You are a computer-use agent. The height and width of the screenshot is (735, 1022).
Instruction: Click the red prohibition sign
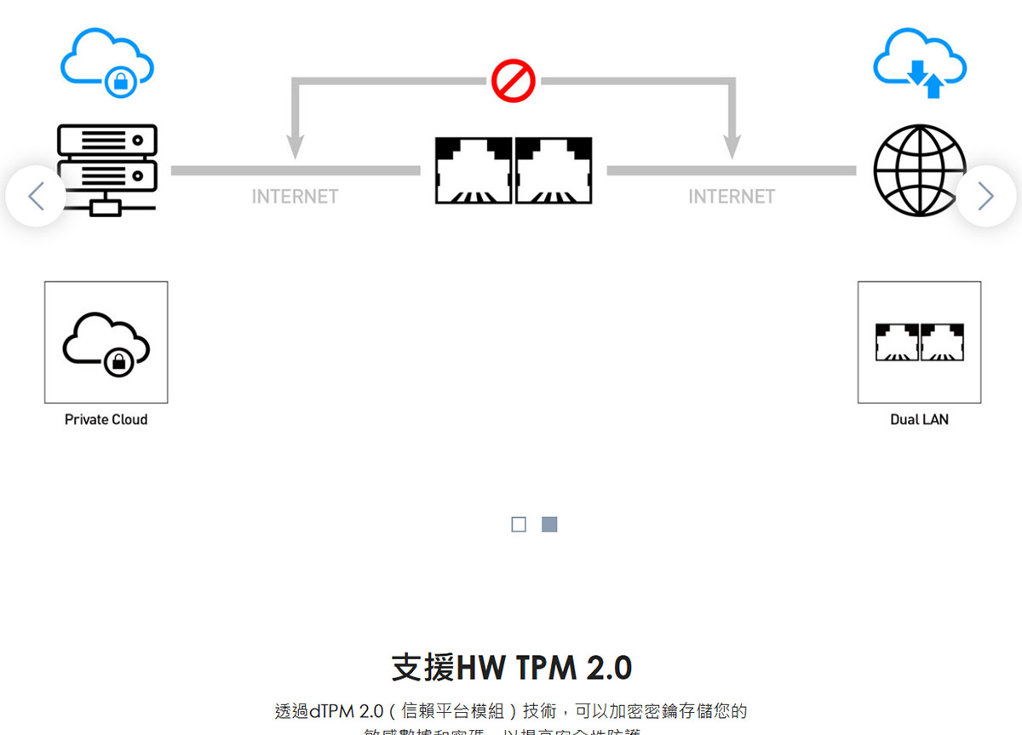pyautogui.click(x=513, y=82)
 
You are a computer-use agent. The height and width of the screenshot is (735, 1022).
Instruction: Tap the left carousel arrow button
pyautogui.click(x=36, y=197)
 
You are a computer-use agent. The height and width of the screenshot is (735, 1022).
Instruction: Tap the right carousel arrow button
pyautogui.click(x=985, y=197)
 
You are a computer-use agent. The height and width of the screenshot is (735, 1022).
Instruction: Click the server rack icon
pyautogui.click(x=106, y=169)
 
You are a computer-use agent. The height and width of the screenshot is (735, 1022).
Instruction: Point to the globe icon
pyautogui.click(x=920, y=169)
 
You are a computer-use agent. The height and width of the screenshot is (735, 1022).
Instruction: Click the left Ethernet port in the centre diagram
pyautogui.click(x=474, y=170)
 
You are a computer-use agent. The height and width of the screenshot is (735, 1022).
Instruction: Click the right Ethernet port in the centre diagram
pyautogui.click(x=554, y=170)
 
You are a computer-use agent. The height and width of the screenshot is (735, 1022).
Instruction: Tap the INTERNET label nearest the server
pyautogui.click(x=295, y=197)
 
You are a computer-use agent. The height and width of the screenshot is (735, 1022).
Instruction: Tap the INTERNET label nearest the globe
pyautogui.click(x=732, y=197)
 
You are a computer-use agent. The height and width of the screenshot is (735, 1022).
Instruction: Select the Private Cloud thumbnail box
pyautogui.click(x=106, y=342)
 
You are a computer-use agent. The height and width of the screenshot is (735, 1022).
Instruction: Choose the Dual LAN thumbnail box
pyautogui.click(x=919, y=342)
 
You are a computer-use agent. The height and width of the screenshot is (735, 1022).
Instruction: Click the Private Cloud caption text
pyautogui.click(x=106, y=420)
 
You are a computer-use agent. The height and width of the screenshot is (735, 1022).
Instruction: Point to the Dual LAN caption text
pyautogui.click(x=919, y=420)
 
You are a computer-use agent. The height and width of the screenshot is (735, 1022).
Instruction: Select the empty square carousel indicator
pyautogui.click(x=519, y=525)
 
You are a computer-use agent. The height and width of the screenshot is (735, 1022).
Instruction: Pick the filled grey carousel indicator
pyautogui.click(x=549, y=525)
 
